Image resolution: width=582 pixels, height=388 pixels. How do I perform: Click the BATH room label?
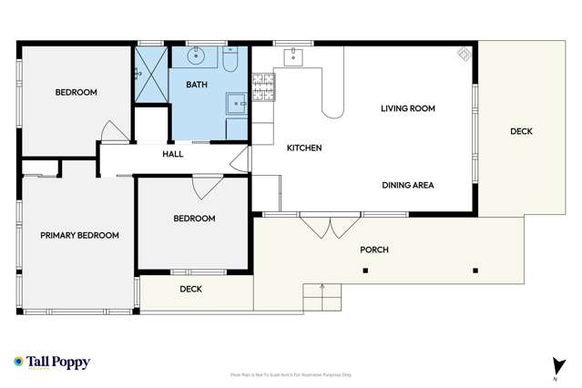pyautogui.click(x=197, y=85)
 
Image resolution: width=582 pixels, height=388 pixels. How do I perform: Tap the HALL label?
pyautogui.click(x=173, y=154)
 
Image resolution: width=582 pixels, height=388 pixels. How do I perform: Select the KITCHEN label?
pyautogui.click(x=304, y=148)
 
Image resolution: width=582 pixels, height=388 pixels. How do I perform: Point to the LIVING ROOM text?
pyautogui.click(x=407, y=108)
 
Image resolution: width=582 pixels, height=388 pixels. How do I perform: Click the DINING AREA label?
pyautogui.click(x=407, y=185)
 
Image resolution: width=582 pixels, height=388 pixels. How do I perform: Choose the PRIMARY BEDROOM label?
pyautogui.click(x=79, y=235)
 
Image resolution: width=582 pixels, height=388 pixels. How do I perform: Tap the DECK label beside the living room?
pyautogui.click(x=521, y=131)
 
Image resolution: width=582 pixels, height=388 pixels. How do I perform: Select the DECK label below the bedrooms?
pyautogui.click(x=190, y=290)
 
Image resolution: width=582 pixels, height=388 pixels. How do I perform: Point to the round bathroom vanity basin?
pyautogui.click(x=197, y=56)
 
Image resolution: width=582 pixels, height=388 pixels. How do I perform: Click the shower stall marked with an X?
pyautogui.click(x=151, y=75)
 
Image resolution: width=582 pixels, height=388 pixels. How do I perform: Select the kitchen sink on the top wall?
pyautogui.click(x=293, y=56)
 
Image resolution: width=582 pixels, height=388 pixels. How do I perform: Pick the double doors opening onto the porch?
pyautogui.click(x=323, y=224)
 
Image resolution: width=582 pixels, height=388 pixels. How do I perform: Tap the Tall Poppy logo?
pyautogui.click(x=52, y=362)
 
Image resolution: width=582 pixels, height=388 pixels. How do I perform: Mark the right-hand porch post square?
pyautogui.click(x=475, y=271)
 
